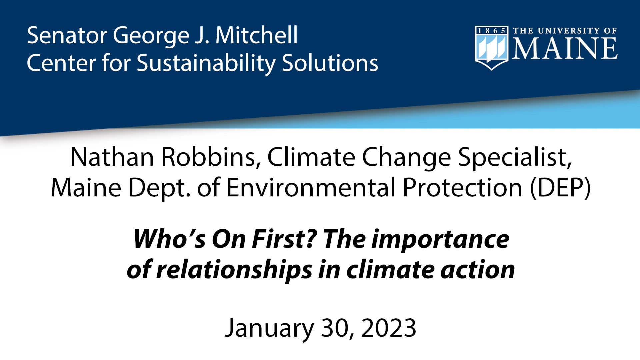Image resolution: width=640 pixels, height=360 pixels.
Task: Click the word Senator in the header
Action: [66, 35]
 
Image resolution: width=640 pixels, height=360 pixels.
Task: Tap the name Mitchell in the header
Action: [256, 35]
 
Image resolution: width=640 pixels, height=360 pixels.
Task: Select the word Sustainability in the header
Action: [206, 63]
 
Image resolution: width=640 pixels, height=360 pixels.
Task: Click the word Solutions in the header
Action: [330, 63]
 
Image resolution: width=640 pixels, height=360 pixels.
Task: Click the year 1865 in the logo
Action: [491, 31]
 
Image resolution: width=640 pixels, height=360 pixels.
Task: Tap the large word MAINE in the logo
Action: [565, 48]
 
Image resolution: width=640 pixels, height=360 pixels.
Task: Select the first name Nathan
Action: [112, 157]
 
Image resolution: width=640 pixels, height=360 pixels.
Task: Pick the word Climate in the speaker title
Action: [311, 157]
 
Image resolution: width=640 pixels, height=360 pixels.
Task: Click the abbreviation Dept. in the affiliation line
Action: [159, 188]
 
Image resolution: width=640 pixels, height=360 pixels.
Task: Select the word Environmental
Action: [311, 188]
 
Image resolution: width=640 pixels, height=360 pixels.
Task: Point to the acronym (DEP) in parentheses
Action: [560, 188]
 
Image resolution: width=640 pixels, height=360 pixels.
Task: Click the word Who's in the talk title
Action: [169, 239]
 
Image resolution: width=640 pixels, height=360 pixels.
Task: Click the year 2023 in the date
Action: [389, 328]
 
